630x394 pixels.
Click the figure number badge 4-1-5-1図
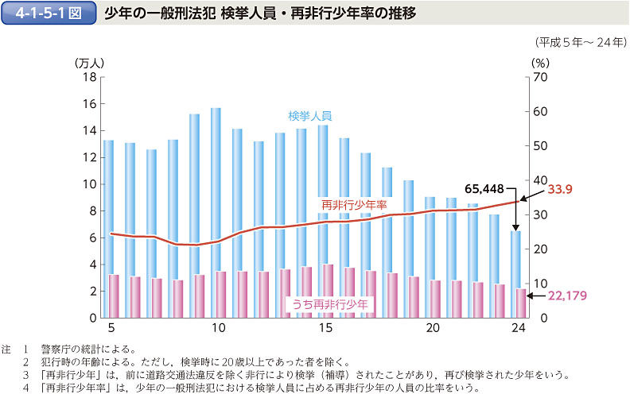pyautogui.click(x=47, y=14)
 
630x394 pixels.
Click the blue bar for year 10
pyautogui.click(x=216, y=191)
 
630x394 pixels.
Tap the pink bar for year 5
pyautogui.click(x=114, y=295)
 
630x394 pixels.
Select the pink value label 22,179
pyautogui.click(x=566, y=296)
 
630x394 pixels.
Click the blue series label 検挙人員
pyautogui.click(x=309, y=115)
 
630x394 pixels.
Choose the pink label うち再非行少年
pyautogui.click(x=329, y=304)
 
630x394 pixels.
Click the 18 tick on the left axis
pyautogui.click(x=88, y=77)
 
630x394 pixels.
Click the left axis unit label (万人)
pyautogui.click(x=89, y=62)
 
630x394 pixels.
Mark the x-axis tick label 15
pyautogui.click(x=324, y=328)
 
